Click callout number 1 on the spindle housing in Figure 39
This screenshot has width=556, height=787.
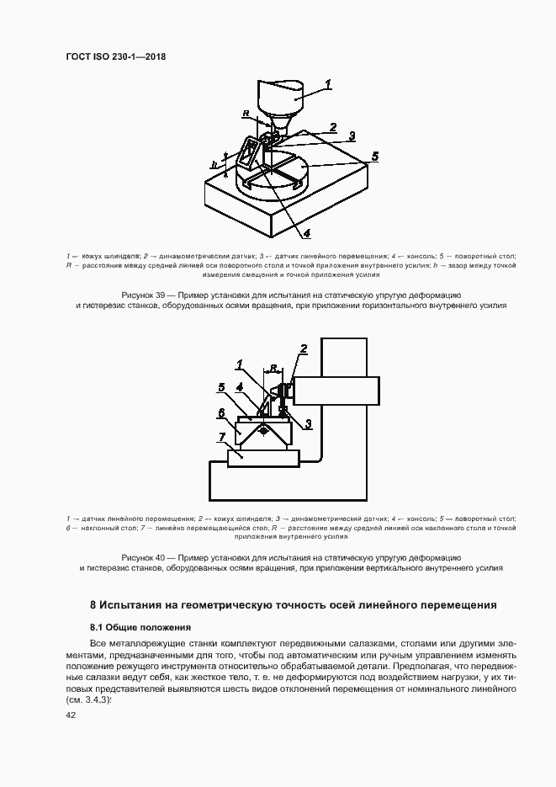[329, 83]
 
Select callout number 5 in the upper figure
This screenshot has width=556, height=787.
[375, 156]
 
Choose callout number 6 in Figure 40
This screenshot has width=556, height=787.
[220, 413]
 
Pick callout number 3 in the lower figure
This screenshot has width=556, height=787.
[309, 423]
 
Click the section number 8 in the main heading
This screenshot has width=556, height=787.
[94, 604]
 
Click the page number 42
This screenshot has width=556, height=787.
[71, 715]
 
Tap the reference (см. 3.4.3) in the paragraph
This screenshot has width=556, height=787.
[87, 699]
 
